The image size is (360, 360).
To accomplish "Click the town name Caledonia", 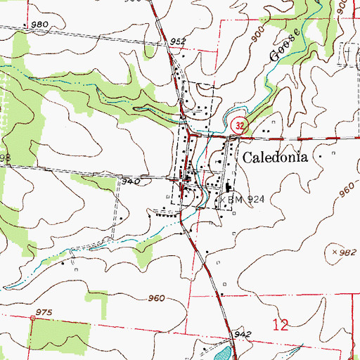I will pyautogui.click(x=276, y=158).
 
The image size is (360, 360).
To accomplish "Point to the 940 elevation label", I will pyautogui.click(x=131, y=181).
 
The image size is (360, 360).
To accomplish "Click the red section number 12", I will pyautogui.click(x=281, y=324).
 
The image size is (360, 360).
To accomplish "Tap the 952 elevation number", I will pyautogui.click(x=179, y=42).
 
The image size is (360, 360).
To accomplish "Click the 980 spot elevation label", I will pyautogui.click(x=39, y=25).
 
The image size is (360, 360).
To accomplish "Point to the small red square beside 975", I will pyautogui.click(x=32, y=319).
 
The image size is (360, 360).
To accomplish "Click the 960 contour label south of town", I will pyautogui.click(x=156, y=298).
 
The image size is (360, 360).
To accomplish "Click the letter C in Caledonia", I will pyautogui.click(x=247, y=158).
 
